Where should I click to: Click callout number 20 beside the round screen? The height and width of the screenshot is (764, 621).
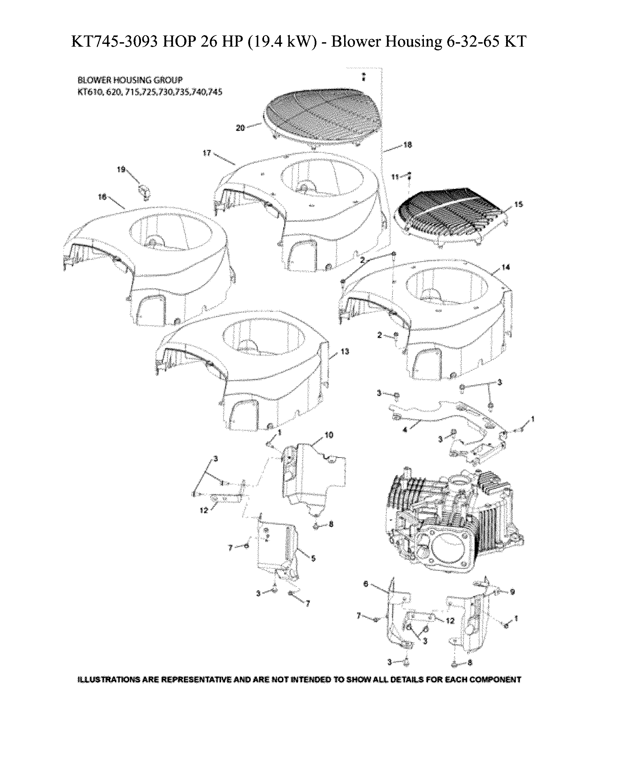click(240, 128)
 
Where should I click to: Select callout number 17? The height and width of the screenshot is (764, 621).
click(207, 153)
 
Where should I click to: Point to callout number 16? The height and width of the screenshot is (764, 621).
click(102, 197)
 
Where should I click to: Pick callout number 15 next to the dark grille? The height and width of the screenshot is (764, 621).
click(518, 204)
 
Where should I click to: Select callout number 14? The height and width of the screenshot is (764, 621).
click(505, 267)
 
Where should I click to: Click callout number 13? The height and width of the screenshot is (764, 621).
click(344, 351)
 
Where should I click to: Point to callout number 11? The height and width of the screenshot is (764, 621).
click(395, 177)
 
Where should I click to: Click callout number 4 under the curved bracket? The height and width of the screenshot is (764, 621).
click(405, 430)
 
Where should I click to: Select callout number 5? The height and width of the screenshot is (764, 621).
click(313, 558)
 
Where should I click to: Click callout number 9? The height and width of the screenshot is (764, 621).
click(512, 592)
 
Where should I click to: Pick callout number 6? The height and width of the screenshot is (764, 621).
click(365, 584)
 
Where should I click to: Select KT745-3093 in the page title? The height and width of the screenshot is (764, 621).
click(115, 42)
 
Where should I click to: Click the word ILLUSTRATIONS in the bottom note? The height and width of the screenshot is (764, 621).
click(109, 679)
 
